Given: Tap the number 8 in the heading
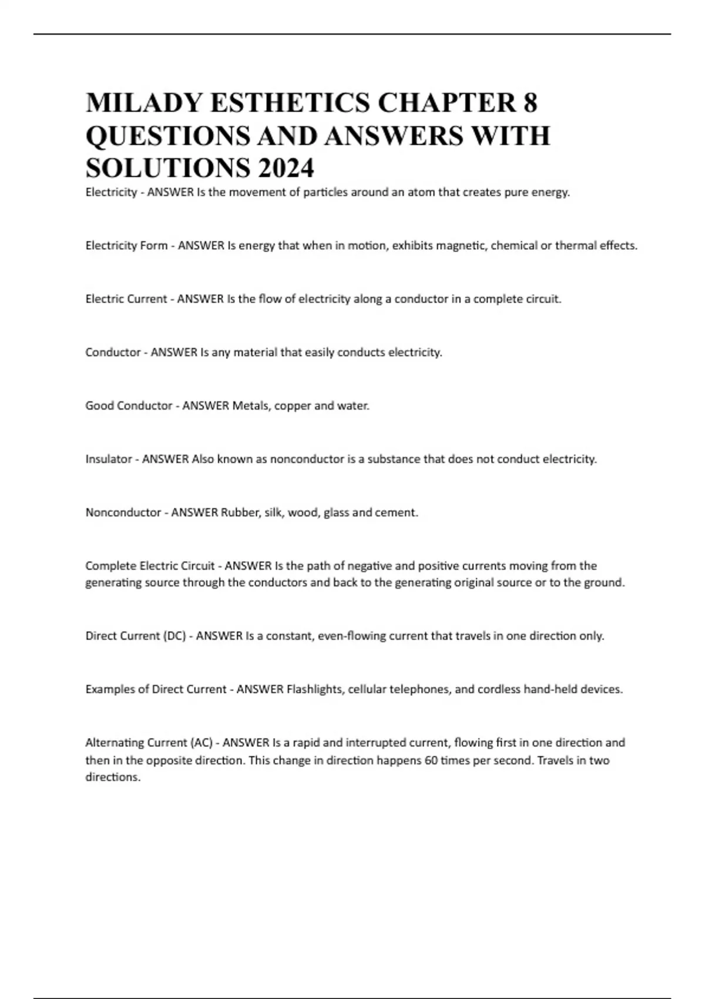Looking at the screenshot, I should (529, 103).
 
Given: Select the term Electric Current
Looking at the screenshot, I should (126, 299).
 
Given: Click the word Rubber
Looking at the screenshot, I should (240, 512).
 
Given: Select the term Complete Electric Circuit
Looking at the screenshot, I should (150, 566).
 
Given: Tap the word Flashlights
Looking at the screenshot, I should (314, 689).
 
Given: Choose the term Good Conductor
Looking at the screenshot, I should (129, 405).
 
